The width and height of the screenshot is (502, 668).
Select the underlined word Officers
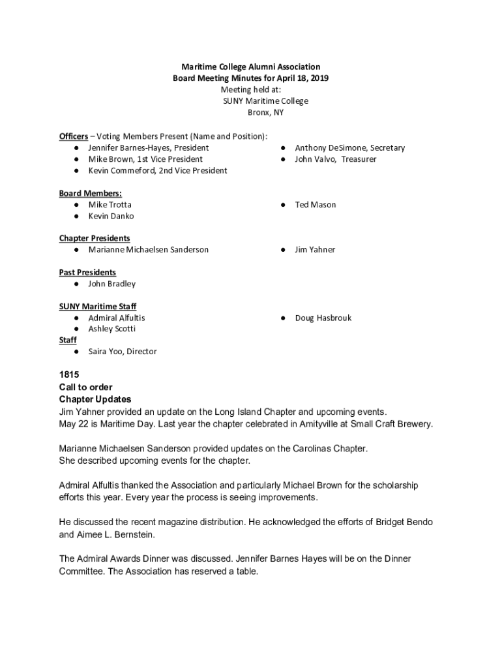[73, 136]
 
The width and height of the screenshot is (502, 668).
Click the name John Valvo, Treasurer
[335, 159]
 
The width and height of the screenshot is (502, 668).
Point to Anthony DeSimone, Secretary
[349, 148]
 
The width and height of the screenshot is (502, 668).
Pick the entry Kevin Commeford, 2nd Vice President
[158, 171]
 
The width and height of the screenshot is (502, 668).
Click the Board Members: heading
[90, 193]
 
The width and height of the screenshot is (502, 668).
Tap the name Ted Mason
[315, 205]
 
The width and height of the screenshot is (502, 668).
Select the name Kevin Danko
[111, 216]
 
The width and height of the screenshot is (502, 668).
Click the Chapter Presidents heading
[94, 238]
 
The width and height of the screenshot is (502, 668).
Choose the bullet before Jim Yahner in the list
[283, 250]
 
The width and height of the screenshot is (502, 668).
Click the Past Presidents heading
[87, 272]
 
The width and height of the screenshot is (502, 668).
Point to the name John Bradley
[112, 284]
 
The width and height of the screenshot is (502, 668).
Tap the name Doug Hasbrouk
[323, 318]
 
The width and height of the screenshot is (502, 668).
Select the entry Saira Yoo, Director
[123, 352]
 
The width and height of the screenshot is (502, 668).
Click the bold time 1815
[69, 375]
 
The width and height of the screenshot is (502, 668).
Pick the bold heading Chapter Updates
[95, 399]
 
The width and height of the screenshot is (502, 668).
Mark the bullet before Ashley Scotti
[76, 329]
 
